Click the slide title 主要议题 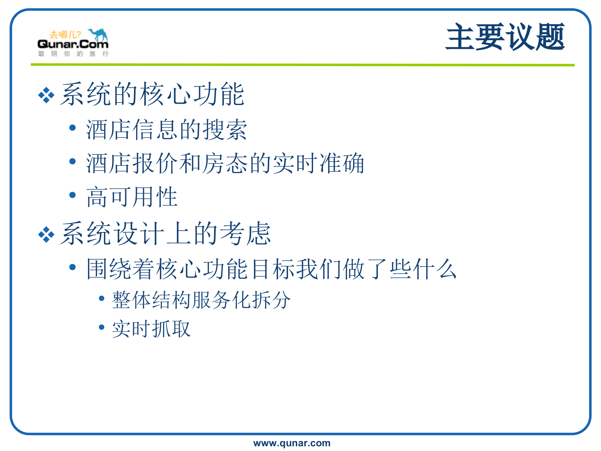pyautogui.click(x=505, y=37)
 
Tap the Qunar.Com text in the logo pyautogui.click(x=73, y=44)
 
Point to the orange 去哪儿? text pyautogui.click(x=65, y=34)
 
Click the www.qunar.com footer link pyautogui.click(x=292, y=443)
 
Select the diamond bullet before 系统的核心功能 pyautogui.click(x=46, y=95)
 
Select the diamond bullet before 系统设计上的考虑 pyautogui.click(x=46, y=234)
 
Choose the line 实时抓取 pyautogui.click(x=151, y=329)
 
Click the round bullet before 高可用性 pyautogui.click(x=73, y=195)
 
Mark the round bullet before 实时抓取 pyautogui.click(x=101, y=327)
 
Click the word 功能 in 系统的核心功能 pyautogui.click(x=218, y=94)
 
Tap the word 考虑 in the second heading pyautogui.click(x=245, y=234)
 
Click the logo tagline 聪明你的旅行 pyautogui.click(x=73, y=54)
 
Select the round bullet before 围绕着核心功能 pyautogui.click(x=73, y=267)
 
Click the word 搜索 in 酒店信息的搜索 pyautogui.click(x=225, y=130)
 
